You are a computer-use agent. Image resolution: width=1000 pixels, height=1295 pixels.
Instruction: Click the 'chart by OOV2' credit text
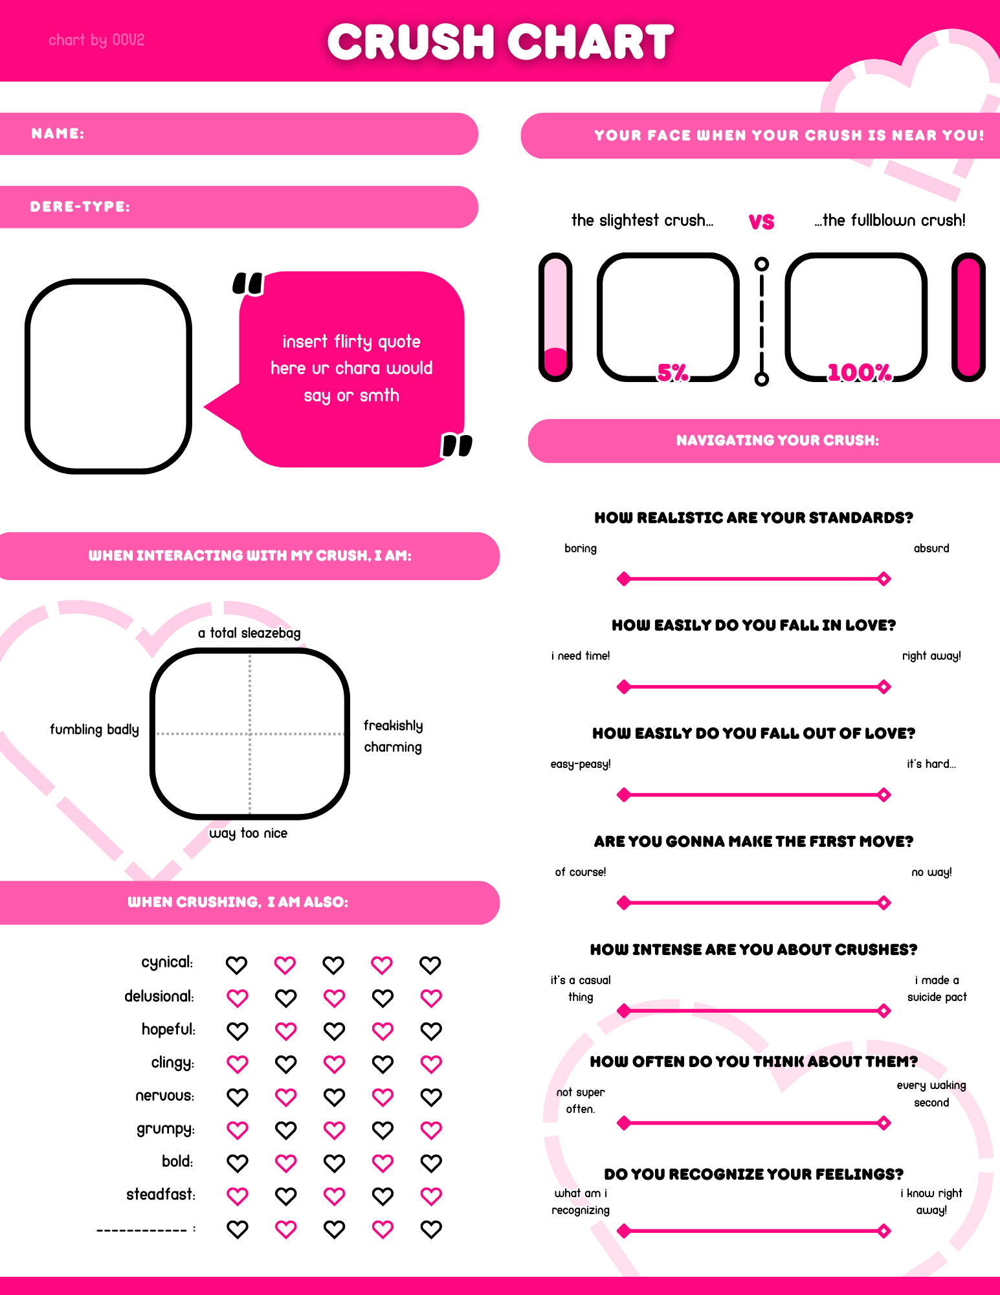pos(96,40)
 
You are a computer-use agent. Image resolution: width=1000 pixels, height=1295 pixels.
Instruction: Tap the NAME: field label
pos(58,133)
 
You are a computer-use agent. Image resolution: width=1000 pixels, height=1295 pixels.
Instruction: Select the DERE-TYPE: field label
pos(80,207)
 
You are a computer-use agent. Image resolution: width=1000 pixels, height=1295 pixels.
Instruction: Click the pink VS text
pos(761,222)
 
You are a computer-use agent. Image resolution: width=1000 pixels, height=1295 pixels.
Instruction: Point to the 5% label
pos(672,372)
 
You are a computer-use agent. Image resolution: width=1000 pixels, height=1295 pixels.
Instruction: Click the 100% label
pos(860,372)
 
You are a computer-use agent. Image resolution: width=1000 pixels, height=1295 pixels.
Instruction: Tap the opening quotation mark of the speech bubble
pos(248,284)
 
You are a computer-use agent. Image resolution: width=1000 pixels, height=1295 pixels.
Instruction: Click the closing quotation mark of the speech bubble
pos(457,445)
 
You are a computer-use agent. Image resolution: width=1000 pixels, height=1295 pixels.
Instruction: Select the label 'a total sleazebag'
pos(249,633)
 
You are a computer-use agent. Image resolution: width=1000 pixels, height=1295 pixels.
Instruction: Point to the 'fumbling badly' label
pos(94,729)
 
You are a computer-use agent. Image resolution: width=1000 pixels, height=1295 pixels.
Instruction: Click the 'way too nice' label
pos(248,833)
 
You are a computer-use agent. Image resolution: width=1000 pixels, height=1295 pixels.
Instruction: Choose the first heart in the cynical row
pos(236,965)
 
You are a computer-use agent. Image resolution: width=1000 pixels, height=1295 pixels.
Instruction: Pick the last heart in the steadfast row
pos(431,1196)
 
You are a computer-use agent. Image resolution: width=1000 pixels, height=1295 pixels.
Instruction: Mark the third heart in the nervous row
pos(334,1097)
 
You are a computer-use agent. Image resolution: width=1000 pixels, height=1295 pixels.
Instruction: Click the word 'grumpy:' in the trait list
pos(166,1129)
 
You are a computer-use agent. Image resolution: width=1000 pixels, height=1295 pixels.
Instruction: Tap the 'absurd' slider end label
pos(931,548)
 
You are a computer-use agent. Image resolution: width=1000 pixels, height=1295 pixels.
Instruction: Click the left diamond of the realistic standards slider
pos(623,579)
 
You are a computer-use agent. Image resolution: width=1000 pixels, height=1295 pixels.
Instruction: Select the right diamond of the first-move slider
pos(884,903)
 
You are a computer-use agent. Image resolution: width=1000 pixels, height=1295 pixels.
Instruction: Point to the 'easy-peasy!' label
pos(581,764)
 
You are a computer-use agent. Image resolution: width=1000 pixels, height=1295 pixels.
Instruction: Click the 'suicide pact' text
pos(937,997)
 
